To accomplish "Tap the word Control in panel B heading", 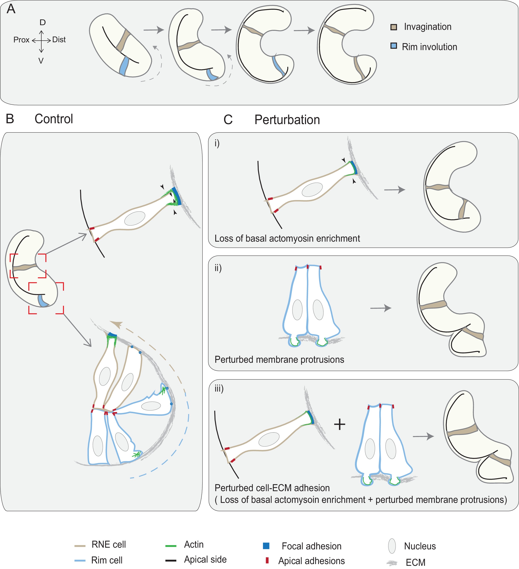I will coord(53,119).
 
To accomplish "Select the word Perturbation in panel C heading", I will coord(287,120).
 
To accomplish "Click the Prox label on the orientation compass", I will coord(22,40).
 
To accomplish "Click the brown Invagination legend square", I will coord(393,27).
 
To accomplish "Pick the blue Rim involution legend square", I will coord(393,46).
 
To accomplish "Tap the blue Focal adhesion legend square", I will coord(266,546).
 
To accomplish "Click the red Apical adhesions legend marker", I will coord(267,560).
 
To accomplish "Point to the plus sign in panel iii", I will coord(340,424).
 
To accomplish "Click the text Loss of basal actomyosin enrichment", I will coord(287,238).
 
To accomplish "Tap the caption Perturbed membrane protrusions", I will coord(279,360).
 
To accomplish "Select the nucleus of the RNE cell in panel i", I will coord(312,190).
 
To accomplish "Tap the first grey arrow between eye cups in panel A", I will coord(154,30).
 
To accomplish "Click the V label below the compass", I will coord(41,61).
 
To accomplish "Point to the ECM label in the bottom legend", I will coord(415,562).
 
